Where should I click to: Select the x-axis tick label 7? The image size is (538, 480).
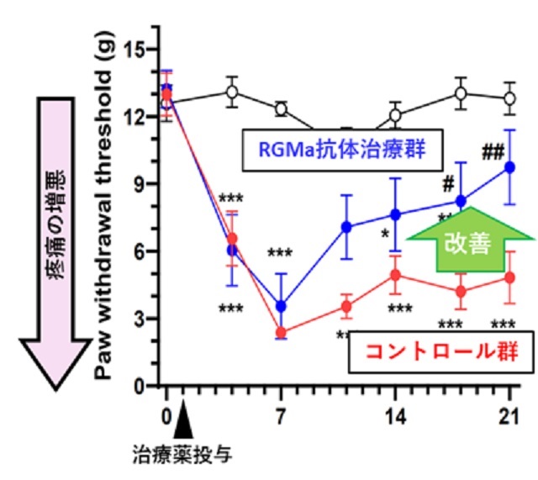(x=282, y=418)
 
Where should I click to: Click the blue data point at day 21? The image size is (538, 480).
(x=509, y=166)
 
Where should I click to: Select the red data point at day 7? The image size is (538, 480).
(x=282, y=332)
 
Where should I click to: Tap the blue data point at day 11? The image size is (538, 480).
(x=345, y=227)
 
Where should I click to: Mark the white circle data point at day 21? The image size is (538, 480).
(x=509, y=98)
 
